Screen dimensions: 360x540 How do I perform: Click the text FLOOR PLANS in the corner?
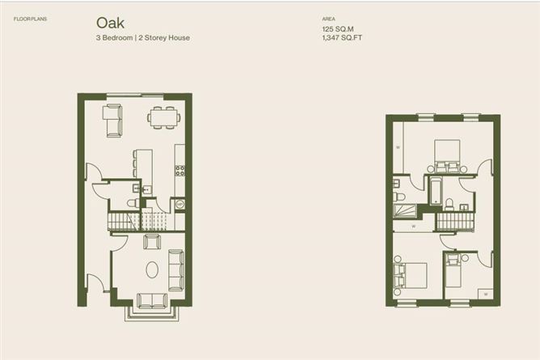(x=31, y=17)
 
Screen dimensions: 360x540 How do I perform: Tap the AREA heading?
(x=328, y=17)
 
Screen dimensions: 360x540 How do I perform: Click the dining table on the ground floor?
(x=164, y=116)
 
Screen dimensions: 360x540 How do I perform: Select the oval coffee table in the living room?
(x=151, y=269)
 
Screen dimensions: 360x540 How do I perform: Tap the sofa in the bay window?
(x=151, y=300)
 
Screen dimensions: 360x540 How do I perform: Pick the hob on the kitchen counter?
(x=180, y=170)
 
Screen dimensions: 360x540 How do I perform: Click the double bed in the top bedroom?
(x=446, y=154)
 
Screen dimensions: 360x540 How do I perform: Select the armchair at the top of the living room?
(x=151, y=240)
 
